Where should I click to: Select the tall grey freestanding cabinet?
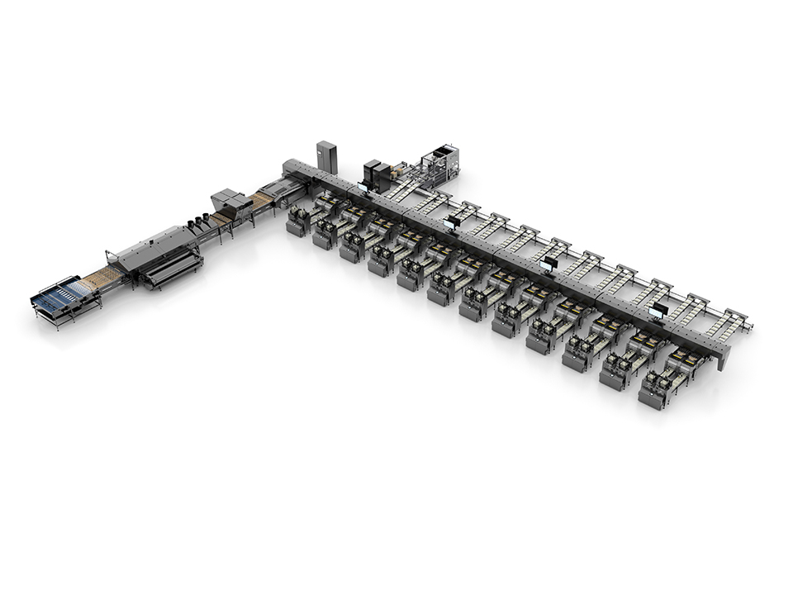click(x=327, y=157)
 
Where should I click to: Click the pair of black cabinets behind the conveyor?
click(x=377, y=174)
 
